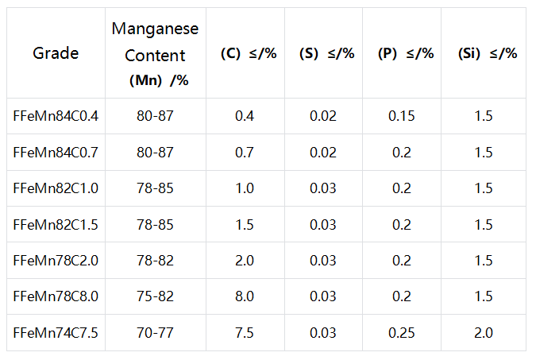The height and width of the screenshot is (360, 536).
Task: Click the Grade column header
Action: [x=56, y=53]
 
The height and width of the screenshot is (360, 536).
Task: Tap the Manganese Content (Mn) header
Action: [x=155, y=54]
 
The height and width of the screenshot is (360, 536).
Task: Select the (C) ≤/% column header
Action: [x=249, y=53]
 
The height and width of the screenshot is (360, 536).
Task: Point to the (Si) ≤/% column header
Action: [x=488, y=53]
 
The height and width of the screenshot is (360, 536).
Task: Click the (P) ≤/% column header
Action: [x=406, y=53]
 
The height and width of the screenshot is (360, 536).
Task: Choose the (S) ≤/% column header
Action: [x=327, y=53]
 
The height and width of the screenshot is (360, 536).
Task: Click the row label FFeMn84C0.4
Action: [x=56, y=116]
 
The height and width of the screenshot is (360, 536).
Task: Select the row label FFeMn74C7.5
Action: [x=56, y=333]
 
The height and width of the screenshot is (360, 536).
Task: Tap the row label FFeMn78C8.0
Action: [x=56, y=296]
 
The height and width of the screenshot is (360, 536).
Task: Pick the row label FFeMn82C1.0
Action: [x=56, y=188]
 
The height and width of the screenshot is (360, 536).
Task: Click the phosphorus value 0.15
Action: [x=402, y=116]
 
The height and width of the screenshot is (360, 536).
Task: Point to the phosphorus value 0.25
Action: [x=402, y=333]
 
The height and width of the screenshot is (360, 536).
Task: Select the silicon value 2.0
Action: [x=484, y=333]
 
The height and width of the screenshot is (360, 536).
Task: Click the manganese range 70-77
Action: [x=155, y=333]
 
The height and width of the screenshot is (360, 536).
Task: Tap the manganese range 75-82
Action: [x=155, y=296]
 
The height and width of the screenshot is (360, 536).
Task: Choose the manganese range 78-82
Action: [x=155, y=261]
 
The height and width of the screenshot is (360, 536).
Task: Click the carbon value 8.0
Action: [x=245, y=296]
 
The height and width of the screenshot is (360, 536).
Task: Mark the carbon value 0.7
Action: [x=245, y=153]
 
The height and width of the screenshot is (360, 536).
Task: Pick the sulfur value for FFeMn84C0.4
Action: [x=323, y=116]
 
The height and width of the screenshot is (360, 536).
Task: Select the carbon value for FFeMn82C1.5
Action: [x=245, y=224]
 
